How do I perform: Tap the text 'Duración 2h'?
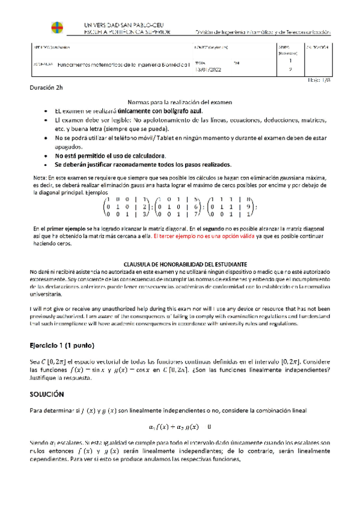pos(46,88)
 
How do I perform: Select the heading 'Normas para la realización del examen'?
pos(180,103)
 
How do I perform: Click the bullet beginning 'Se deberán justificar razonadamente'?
pos(142,164)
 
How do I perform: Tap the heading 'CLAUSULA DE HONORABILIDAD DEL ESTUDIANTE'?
pos(180,263)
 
